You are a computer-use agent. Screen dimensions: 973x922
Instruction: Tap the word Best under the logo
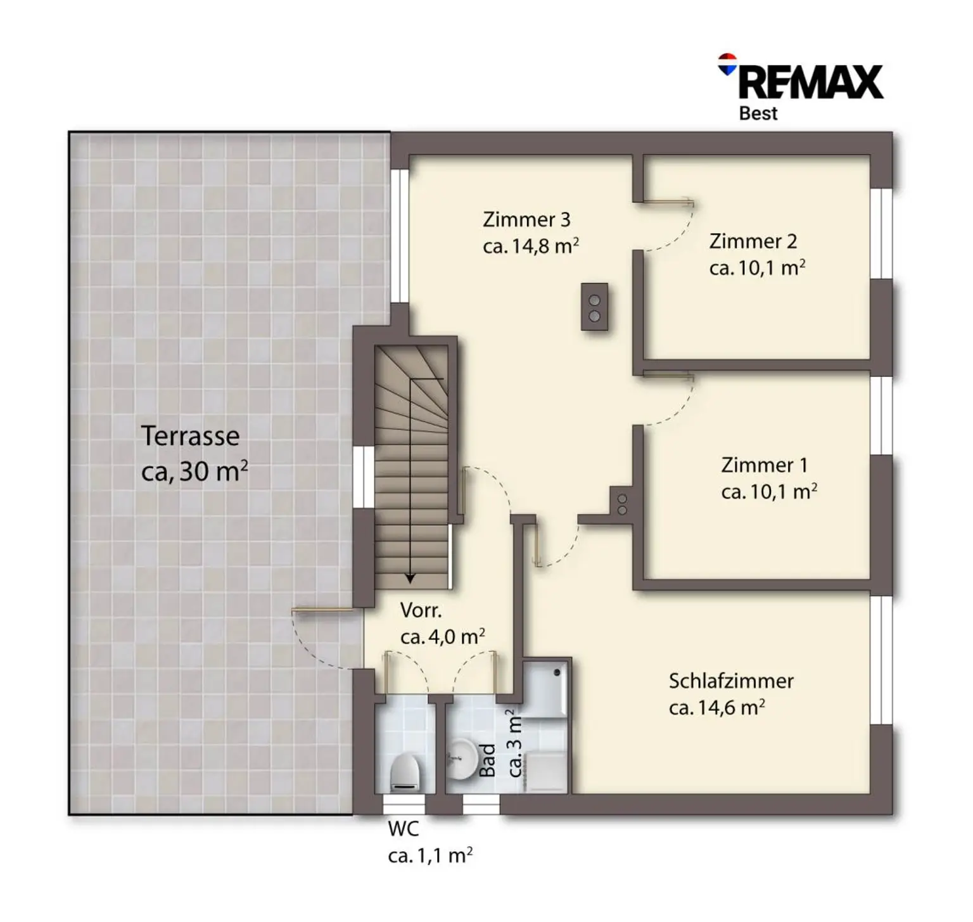click(758, 113)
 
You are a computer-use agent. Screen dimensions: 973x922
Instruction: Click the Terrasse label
click(190, 436)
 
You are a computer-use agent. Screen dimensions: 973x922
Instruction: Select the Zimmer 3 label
click(526, 219)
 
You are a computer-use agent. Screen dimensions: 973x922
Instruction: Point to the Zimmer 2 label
click(753, 241)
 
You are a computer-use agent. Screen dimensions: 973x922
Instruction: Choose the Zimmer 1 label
click(765, 465)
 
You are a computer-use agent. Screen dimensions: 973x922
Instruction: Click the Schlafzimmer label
click(731, 681)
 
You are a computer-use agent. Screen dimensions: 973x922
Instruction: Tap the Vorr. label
click(421, 611)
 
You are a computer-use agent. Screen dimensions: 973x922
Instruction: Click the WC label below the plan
click(404, 829)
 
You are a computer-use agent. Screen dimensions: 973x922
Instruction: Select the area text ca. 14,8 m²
click(531, 246)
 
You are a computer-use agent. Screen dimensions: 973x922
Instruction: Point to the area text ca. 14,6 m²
click(716, 707)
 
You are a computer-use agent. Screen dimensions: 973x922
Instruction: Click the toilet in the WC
click(405, 772)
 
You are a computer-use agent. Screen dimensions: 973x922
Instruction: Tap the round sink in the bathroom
click(462, 759)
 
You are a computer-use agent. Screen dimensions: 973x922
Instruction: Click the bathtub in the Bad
click(545, 690)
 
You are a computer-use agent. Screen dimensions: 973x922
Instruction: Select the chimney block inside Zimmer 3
click(595, 307)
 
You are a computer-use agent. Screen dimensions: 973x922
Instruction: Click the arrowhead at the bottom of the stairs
click(410, 578)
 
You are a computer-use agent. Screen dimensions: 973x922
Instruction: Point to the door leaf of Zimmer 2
click(668, 203)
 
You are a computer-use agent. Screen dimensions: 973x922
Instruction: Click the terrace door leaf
click(322, 611)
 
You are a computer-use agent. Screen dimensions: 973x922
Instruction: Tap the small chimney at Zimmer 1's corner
click(622, 504)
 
